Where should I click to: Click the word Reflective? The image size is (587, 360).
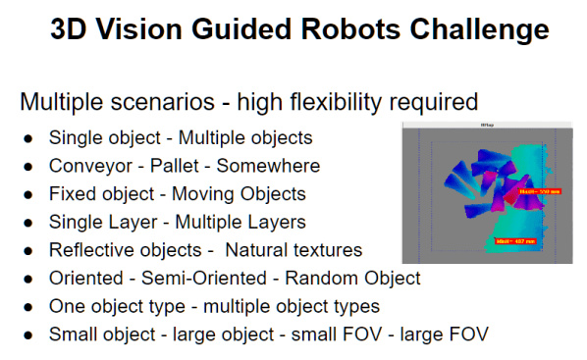tap(91, 250)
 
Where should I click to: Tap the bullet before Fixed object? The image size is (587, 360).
tap(28, 194)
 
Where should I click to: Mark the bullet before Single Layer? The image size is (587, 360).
tap(28, 223)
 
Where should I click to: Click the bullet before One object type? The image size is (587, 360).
tap(28, 307)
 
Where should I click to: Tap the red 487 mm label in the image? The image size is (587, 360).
tap(515, 240)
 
